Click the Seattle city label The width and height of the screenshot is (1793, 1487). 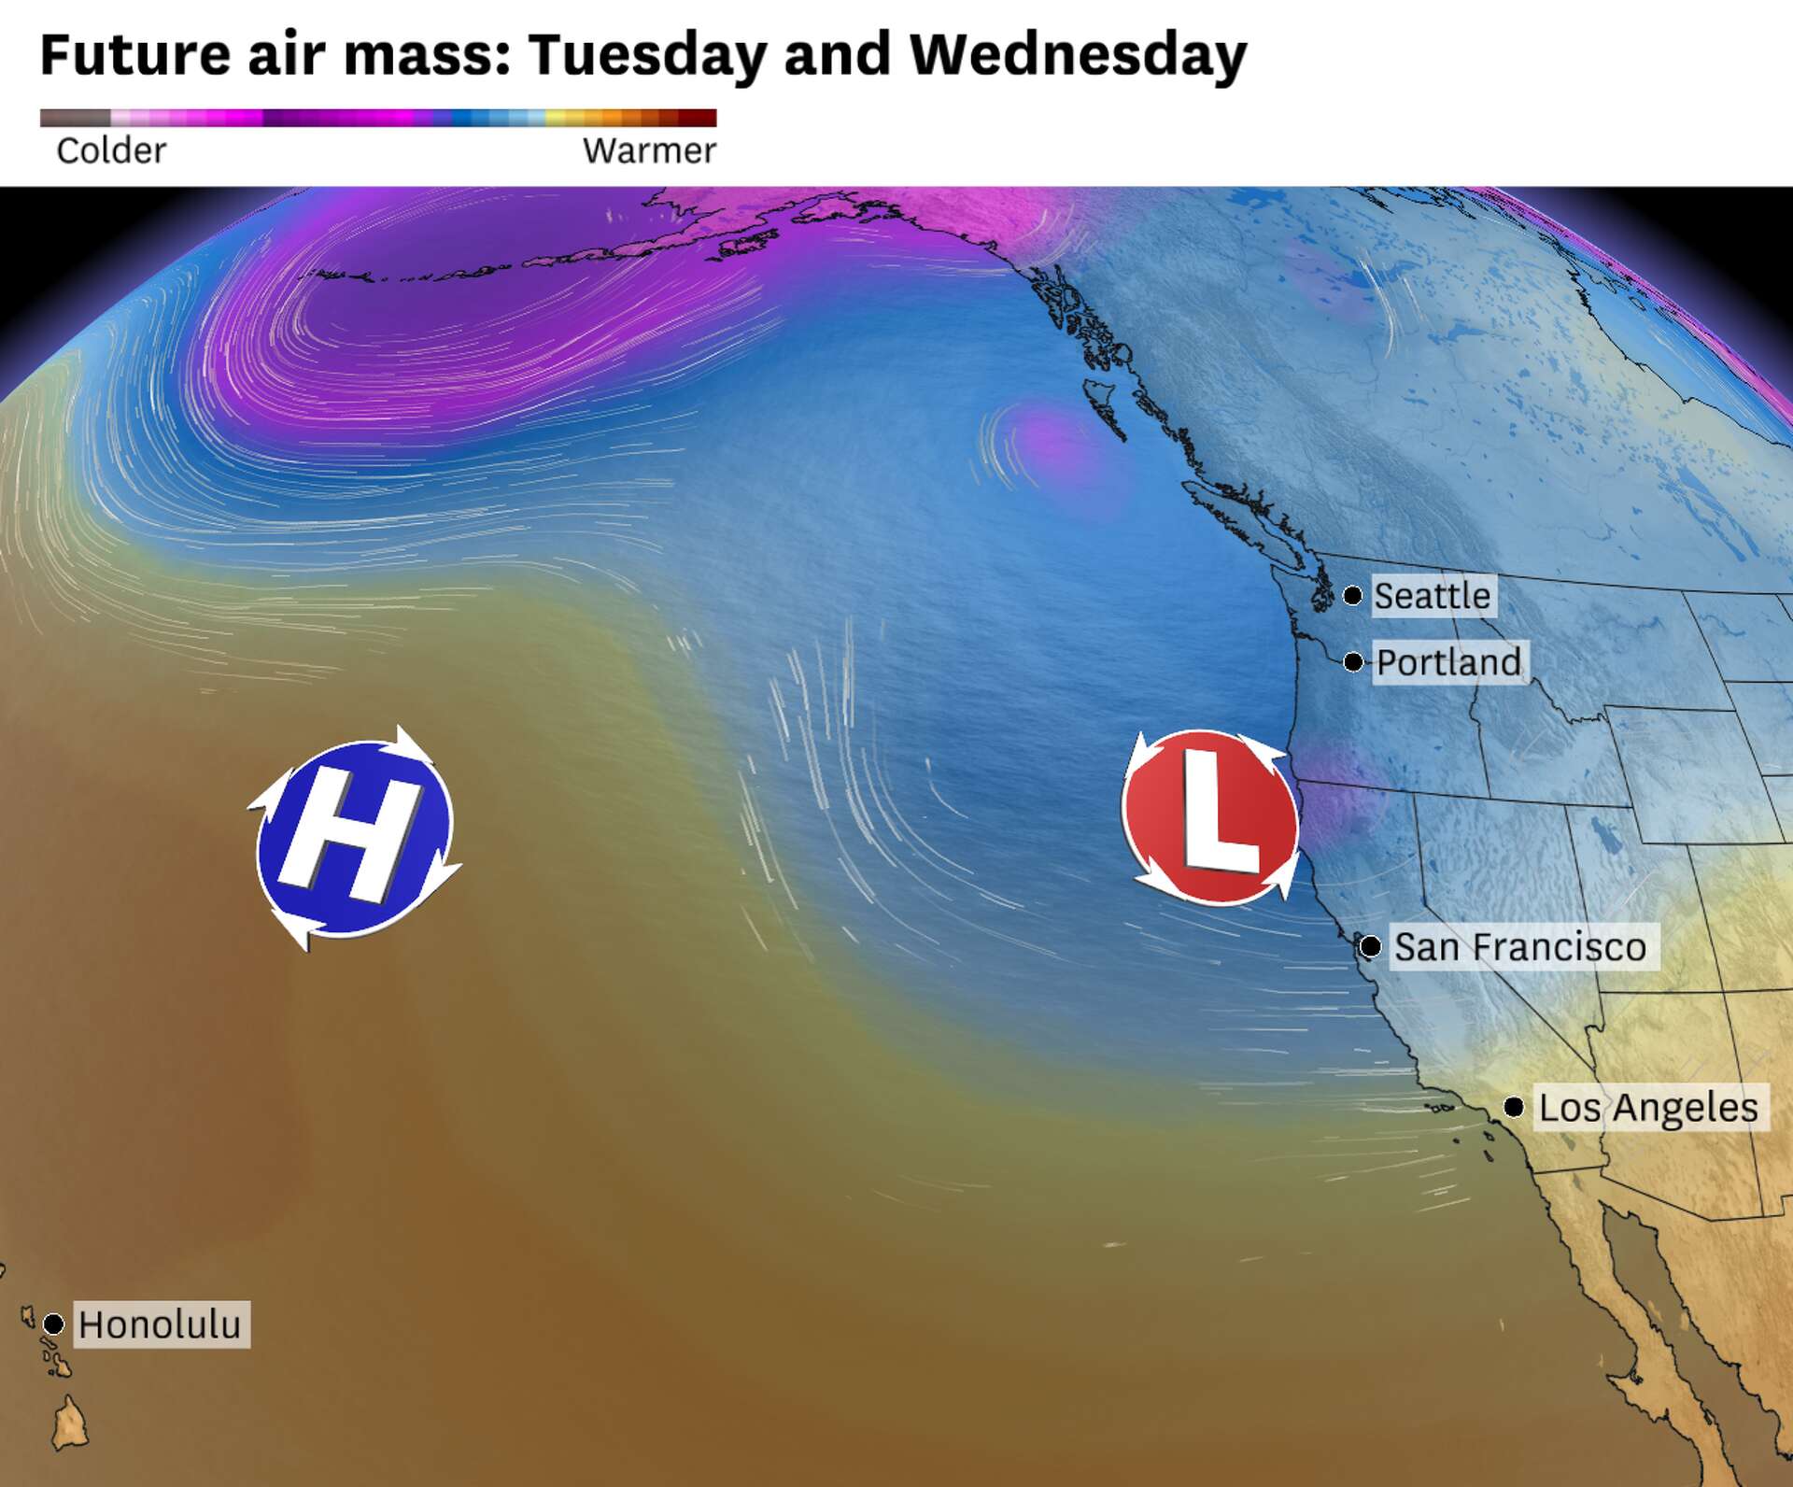coord(1433,596)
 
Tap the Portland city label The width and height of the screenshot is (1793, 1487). coord(1449,662)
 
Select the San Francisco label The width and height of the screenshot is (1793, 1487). coord(1520,947)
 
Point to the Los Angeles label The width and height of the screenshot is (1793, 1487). coord(1648,1108)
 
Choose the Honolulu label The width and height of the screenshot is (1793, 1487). coord(160,1324)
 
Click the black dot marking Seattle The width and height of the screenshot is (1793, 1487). coord(1352,595)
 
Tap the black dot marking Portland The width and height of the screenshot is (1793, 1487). coord(1353,662)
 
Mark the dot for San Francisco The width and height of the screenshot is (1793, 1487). coord(1370,947)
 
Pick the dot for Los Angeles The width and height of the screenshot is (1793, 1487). coord(1514,1108)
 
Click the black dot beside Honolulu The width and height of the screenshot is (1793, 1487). coord(53,1324)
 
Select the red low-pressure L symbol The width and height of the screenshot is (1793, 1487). coord(1211,817)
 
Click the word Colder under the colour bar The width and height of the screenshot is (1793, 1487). coord(111,150)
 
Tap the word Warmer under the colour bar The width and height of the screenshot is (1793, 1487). coord(649,150)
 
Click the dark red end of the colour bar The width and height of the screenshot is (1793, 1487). coord(700,118)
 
